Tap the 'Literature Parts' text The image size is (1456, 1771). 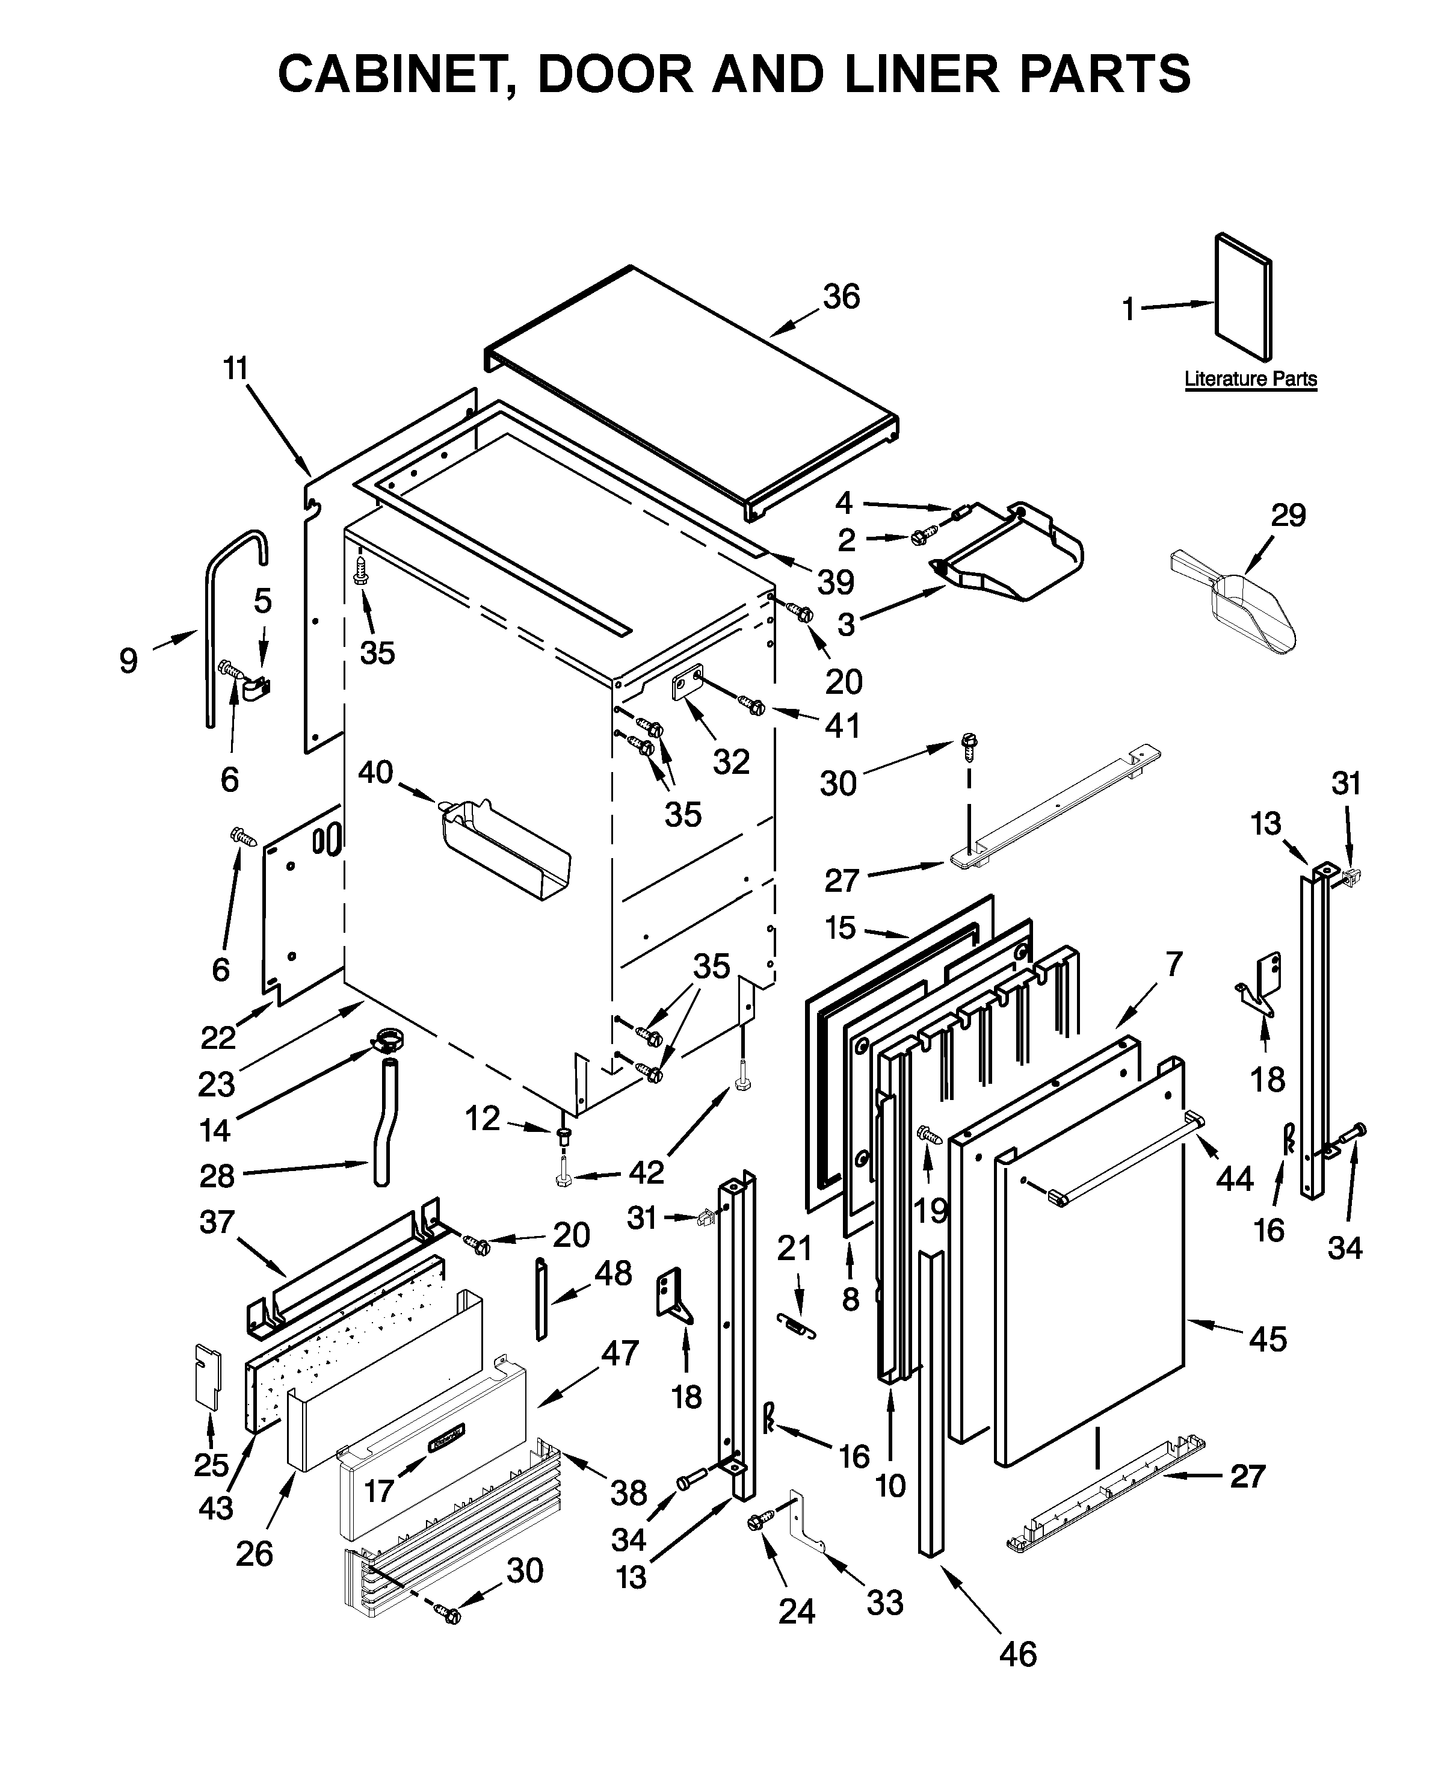(1250, 379)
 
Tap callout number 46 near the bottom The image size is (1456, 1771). (1017, 1654)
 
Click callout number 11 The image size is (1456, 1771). (236, 368)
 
